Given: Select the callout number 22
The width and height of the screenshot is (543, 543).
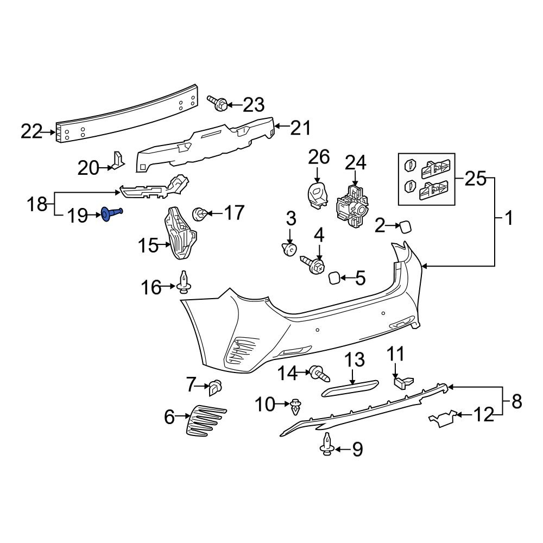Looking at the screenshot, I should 31,131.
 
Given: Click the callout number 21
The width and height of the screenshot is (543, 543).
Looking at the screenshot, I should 300,128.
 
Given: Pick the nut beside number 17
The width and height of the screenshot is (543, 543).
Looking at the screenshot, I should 200,213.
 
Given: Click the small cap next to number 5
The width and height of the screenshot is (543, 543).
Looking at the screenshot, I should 334,279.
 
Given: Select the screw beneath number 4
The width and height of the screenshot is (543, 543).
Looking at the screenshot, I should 314,265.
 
